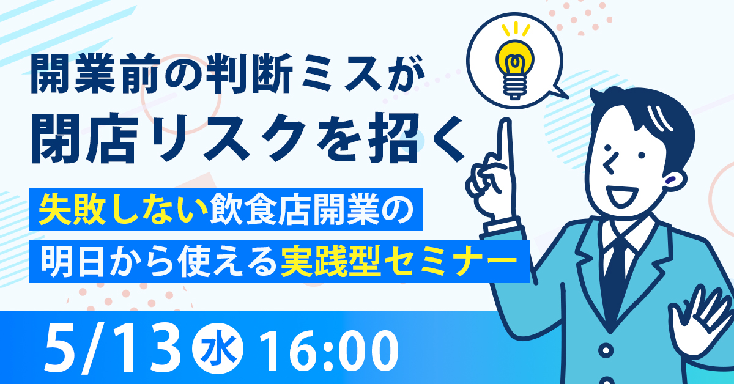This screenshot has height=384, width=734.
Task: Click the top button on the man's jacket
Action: (x=607, y=352)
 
